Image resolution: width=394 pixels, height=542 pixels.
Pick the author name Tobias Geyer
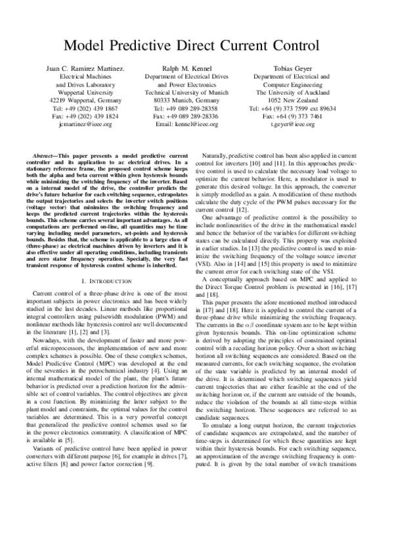tap(301, 68)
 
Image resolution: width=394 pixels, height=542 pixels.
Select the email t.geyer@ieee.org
tap(301, 123)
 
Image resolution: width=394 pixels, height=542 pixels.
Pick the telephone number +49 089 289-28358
tap(197, 108)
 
